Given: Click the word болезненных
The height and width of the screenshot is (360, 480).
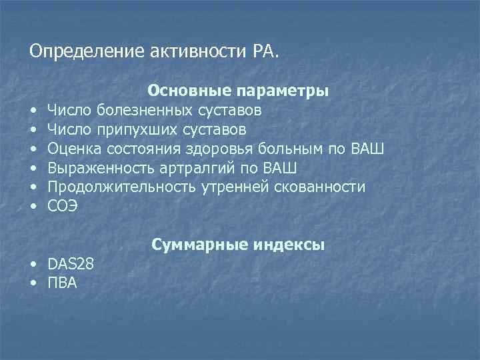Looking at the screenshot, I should click(142, 109).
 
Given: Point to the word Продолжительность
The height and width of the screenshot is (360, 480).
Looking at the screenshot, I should click(123, 187).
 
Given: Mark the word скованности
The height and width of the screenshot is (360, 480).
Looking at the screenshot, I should click(320, 187).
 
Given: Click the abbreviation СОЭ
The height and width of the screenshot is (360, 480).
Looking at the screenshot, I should click(63, 206).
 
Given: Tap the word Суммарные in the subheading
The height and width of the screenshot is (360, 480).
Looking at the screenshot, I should click(193, 245).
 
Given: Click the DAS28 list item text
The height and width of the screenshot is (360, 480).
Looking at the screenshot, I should click(71, 264).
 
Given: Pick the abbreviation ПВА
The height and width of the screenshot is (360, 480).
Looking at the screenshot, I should click(63, 283).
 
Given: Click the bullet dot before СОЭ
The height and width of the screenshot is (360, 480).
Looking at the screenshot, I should click(33, 207).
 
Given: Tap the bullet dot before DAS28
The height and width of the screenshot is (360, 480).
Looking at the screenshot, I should click(33, 265).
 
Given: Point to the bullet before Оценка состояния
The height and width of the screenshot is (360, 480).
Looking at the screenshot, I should click(33, 148).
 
